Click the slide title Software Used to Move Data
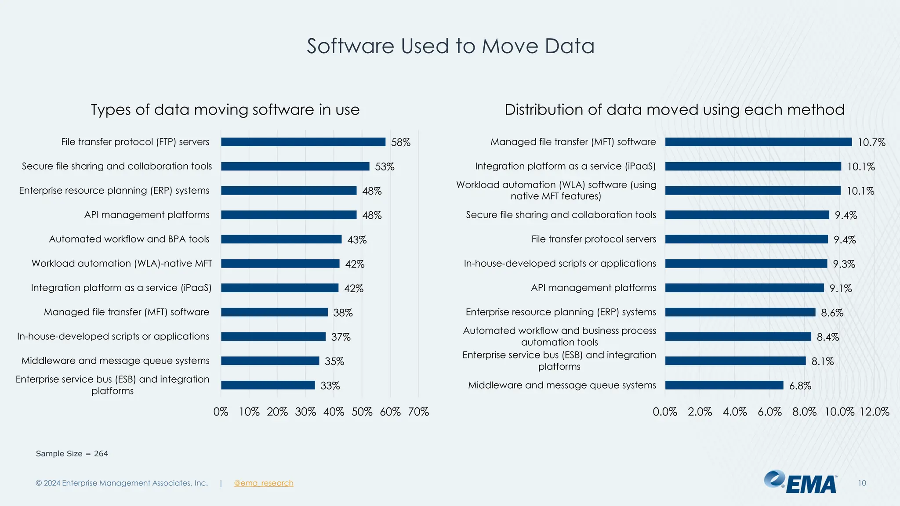450,46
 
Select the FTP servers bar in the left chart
303,142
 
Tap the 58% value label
401,142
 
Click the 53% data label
385,166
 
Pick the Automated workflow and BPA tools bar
281,239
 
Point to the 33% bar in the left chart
268,385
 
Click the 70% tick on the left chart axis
418,412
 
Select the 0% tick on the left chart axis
221,412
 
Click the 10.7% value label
871,142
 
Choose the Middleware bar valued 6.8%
724,385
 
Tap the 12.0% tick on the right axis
875,412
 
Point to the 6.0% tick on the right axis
769,412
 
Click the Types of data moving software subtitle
225,109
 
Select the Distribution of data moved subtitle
675,109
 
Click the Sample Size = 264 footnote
72,454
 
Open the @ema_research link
264,483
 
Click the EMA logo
801,482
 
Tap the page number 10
862,483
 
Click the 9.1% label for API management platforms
841,289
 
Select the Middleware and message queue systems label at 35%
116,361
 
